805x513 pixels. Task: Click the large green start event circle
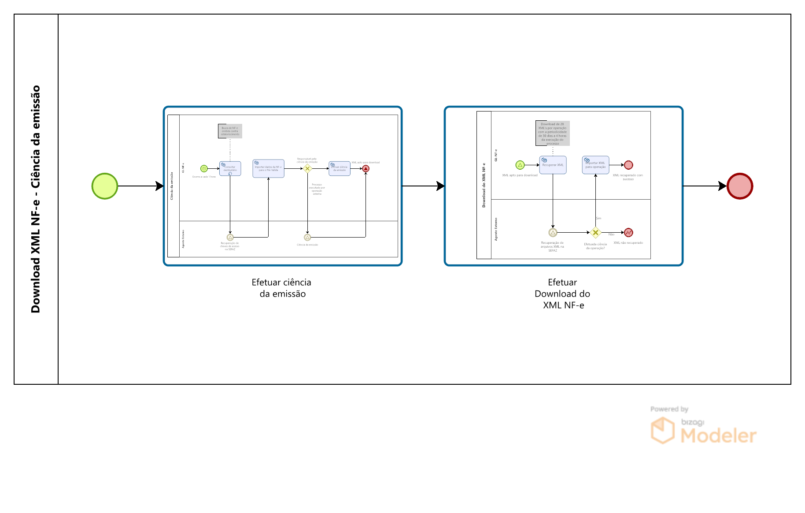click(x=105, y=186)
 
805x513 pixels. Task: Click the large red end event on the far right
click(x=740, y=186)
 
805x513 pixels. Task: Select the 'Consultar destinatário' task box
click(x=230, y=168)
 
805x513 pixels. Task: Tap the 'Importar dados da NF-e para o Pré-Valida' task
click(x=268, y=168)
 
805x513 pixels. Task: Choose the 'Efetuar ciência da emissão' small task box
click(x=340, y=168)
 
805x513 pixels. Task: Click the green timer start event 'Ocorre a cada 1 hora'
click(x=204, y=168)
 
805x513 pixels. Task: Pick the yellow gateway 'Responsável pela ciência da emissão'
click(x=307, y=168)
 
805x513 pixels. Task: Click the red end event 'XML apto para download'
click(x=366, y=168)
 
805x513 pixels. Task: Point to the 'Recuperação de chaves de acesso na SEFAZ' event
click(x=230, y=237)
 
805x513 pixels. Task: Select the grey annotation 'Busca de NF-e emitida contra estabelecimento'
click(x=230, y=131)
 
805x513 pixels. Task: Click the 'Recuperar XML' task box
click(x=553, y=165)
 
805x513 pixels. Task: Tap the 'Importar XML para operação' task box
click(x=595, y=165)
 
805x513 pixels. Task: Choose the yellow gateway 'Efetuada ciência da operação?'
click(x=595, y=232)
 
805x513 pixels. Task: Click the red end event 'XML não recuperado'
click(x=628, y=232)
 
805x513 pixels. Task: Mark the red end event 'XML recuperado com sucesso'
click(x=628, y=165)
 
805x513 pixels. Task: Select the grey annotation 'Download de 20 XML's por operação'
click(x=553, y=133)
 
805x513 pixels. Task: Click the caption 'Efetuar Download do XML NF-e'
click(x=563, y=294)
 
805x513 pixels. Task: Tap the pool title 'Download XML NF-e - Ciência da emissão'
click(x=36, y=199)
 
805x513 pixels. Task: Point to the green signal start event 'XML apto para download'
click(x=520, y=165)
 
